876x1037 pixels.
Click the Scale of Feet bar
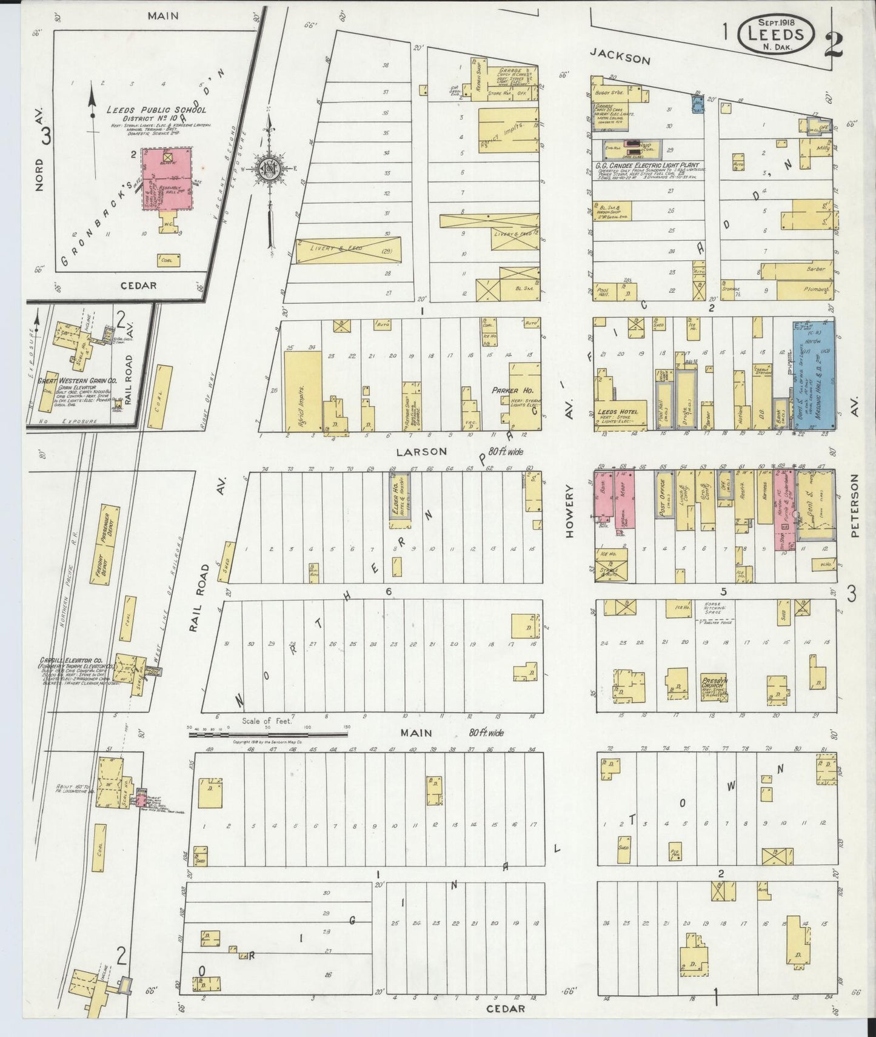(x=267, y=734)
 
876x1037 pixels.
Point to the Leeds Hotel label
(x=617, y=412)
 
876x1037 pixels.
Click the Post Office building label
(x=663, y=498)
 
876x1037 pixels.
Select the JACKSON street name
(x=620, y=58)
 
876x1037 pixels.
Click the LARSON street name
(x=421, y=451)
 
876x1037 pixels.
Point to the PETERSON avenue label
(x=855, y=506)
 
